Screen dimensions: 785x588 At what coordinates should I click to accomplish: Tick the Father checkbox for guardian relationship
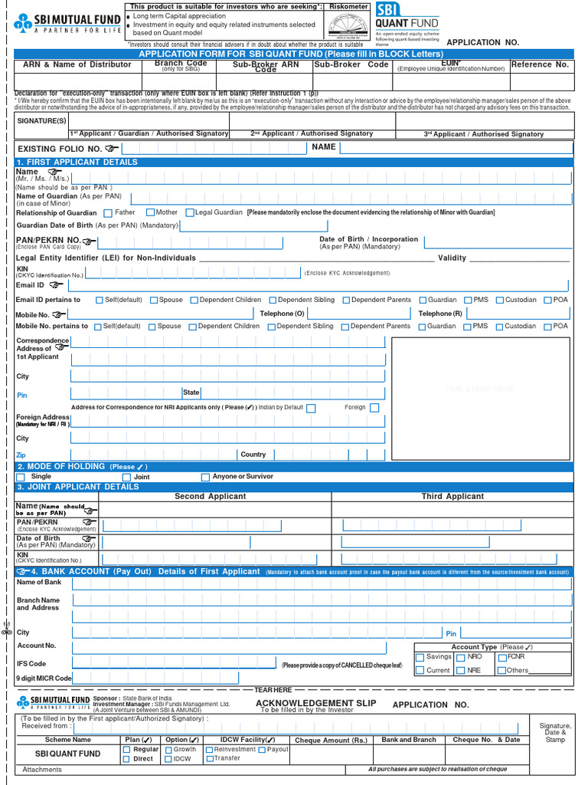[x=108, y=213]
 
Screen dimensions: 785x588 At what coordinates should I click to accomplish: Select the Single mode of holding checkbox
[x=21, y=478]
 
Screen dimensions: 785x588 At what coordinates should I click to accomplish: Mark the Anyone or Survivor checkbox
[x=205, y=478]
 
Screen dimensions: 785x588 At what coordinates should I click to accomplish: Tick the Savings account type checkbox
[x=420, y=658]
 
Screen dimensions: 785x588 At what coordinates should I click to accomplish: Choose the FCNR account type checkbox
[x=501, y=658]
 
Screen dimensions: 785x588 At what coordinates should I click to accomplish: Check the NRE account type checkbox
[x=460, y=671]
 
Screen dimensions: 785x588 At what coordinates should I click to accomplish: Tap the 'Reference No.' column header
[x=541, y=65]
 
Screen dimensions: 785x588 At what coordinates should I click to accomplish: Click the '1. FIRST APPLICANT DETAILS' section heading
[x=77, y=163]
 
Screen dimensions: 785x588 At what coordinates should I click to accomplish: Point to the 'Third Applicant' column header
[x=452, y=497]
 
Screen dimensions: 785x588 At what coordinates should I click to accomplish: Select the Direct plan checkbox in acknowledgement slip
[x=127, y=759]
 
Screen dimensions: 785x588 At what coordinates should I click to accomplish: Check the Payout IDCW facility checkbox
[x=262, y=750]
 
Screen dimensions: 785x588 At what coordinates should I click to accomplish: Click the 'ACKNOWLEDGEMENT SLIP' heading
[x=315, y=703]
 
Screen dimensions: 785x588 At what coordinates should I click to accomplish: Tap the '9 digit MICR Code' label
[x=44, y=678]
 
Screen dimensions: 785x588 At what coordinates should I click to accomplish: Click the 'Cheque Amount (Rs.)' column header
[x=331, y=741]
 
